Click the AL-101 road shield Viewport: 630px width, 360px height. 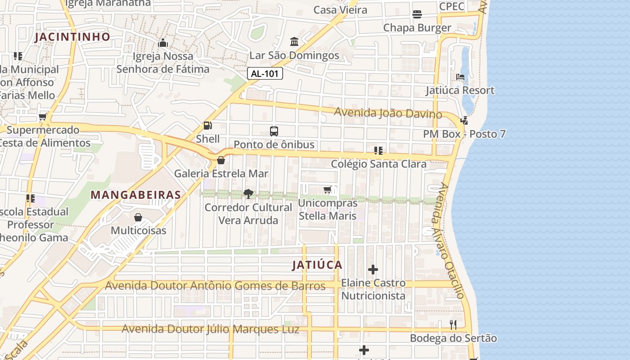coord(265,73)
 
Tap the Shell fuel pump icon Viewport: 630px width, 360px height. coord(208,126)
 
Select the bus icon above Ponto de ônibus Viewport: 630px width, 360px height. coord(274,131)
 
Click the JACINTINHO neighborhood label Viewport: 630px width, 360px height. coord(72,37)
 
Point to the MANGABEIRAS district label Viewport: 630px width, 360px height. coord(136,195)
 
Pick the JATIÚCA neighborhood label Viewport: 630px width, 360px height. coord(317,265)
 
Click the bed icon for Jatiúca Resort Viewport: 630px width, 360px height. coord(460,77)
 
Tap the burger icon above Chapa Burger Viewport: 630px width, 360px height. coord(417,14)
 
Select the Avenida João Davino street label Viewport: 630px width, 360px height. coord(388,113)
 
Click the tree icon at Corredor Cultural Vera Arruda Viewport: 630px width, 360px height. coord(248,194)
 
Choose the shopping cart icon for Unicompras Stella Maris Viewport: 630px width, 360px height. coord(328,190)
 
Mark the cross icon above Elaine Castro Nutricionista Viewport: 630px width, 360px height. coord(373,270)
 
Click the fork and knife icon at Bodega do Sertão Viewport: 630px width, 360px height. coord(453,324)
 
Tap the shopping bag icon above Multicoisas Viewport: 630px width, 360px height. coord(138,217)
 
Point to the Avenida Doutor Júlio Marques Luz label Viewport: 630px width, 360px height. coord(210,329)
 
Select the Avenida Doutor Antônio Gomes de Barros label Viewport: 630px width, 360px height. coord(215,286)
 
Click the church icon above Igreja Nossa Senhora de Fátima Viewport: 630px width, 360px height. coord(163,43)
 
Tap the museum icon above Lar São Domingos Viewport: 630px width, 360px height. coord(294,42)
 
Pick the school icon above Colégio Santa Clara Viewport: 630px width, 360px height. coord(378,150)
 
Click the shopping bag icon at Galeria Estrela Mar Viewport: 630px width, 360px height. coord(221,160)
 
